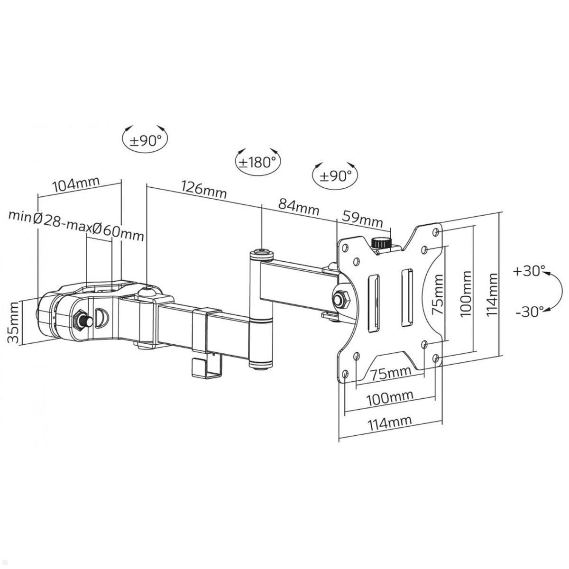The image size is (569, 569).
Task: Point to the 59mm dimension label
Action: pos(362,220)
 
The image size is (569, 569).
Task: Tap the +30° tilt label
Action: pos(528,271)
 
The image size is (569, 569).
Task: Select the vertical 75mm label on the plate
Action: pos(438,294)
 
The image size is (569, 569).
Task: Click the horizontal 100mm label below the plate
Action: pos(390,396)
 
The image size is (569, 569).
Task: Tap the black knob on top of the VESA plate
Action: pos(380,243)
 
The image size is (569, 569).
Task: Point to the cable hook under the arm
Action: pos(206,367)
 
